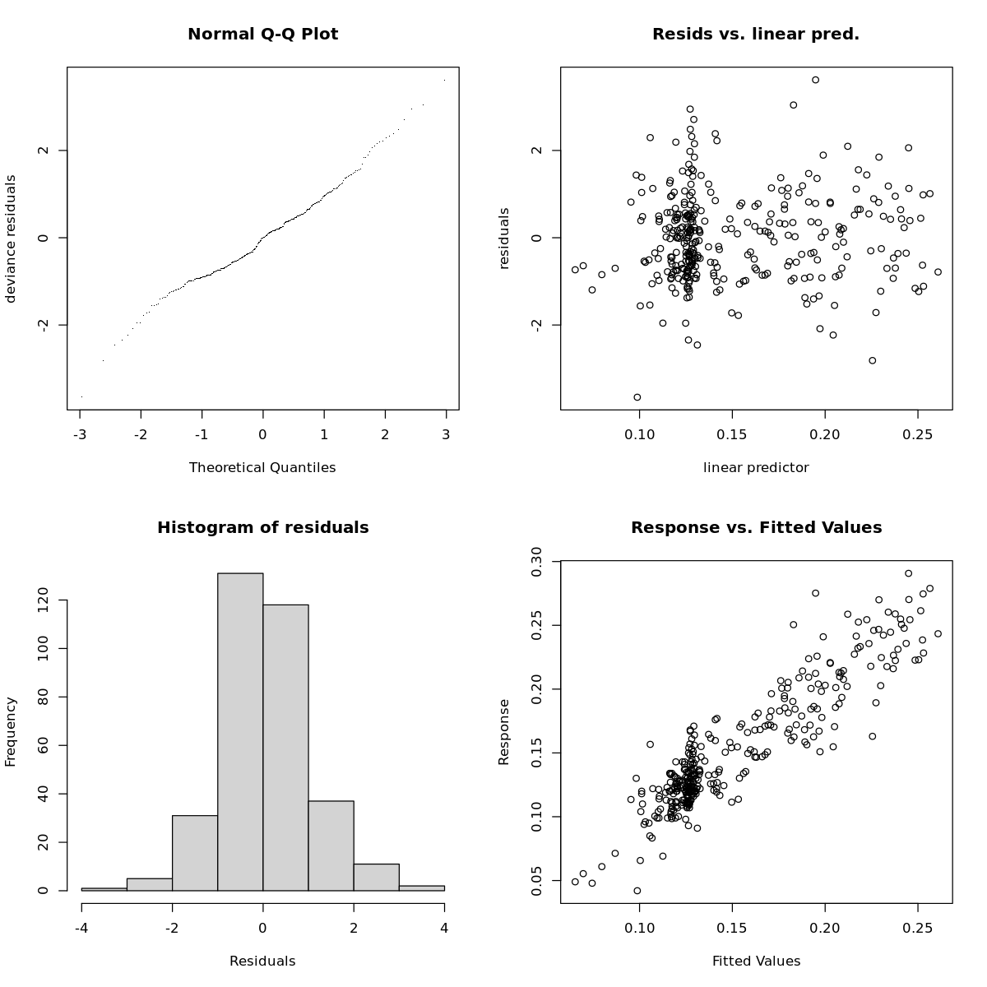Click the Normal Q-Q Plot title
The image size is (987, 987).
click(x=262, y=35)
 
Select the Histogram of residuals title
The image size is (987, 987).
click(x=262, y=528)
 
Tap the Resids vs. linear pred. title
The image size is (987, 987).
click(x=755, y=35)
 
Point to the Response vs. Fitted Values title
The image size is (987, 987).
click(x=755, y=528)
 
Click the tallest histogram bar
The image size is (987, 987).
click(x=240, y=732)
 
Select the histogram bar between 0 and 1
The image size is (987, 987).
click(x=285, y=748)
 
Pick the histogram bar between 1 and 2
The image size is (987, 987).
click(x=331, y=846)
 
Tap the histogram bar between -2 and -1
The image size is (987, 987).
click(x=195, y=853)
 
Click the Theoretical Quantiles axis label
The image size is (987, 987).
click(x=262, y=468)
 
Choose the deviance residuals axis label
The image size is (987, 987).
click(x=12, y=239)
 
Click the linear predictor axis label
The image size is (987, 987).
click(x=755, y=468)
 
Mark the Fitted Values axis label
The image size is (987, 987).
click(x=755, y=962)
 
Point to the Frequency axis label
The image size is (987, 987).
click(x=12, y=732)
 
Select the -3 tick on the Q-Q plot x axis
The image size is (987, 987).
click(x=80, y=434)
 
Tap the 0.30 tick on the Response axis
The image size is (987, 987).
click(x=536, y=562)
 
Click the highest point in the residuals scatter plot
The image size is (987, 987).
click(x=815, y=80)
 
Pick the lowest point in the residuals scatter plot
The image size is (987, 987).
click(x=637, y=397)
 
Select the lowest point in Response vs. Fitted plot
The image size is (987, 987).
click(x=637, y=891)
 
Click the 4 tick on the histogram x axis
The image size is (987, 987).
click(x=444, y=929)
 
